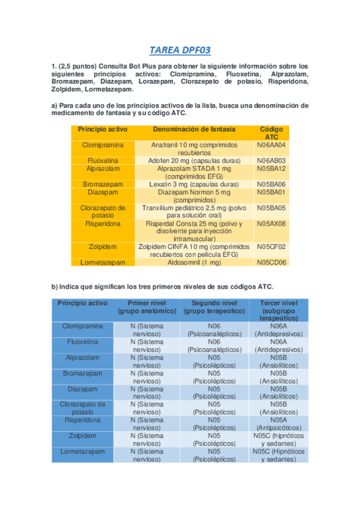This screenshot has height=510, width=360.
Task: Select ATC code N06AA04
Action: coord(271,145)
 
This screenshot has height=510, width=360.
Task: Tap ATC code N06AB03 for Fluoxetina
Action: coord(271,161)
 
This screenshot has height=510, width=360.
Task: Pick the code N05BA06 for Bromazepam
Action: coord(271,184)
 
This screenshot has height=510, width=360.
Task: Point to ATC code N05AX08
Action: coord(271,223)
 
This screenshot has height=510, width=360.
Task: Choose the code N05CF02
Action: coord(271,247)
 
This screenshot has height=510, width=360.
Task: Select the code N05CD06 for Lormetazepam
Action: coord(271,262)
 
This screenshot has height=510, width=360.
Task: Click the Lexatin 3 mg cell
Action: coord(194,184)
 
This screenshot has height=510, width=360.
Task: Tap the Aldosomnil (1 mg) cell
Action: coord(194,262)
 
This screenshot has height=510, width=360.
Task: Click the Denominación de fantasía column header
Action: coord(194,129)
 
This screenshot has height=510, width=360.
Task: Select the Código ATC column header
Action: coord(271,133)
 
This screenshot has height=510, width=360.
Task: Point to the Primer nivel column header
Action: coord(147,307)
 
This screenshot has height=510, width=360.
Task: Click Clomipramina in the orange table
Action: coord(103,145)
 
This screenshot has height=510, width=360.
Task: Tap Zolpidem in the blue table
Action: coord(82,435)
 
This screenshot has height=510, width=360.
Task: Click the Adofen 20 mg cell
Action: coord(194,161)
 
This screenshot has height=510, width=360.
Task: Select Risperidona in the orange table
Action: coord(103,223)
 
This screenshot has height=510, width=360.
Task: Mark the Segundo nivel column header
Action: coord(214,307)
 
